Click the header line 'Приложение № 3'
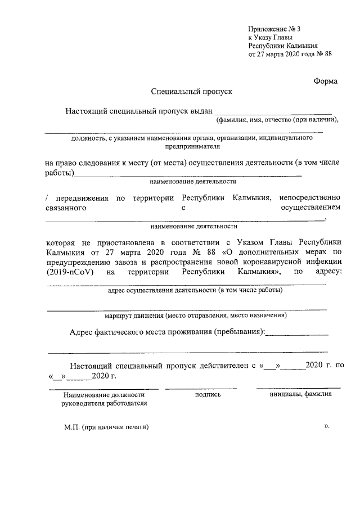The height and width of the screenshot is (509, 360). (x=278, y=29)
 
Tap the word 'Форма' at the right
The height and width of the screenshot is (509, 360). (x=326, y=81)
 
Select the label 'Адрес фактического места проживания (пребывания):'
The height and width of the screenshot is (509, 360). (x=167, y=332)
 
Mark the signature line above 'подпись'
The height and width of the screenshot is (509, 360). (x=201, y=388)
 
